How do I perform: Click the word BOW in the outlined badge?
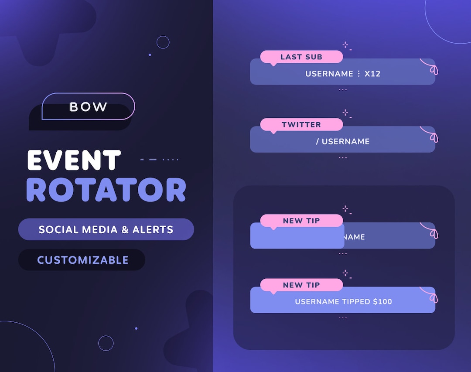(89, 107)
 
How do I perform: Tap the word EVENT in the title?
(74, 160)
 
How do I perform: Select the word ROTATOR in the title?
(106, 190)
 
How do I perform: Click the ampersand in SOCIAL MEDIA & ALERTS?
(125, 230)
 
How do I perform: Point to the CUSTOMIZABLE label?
(82, 260)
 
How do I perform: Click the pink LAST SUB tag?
(301, 57)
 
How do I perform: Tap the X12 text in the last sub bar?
(372, 74)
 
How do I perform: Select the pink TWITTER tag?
(301, 125)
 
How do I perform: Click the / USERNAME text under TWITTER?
(343, 142)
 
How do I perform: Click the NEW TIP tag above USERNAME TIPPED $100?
(301, 285)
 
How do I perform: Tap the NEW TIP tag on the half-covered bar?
(301, 221)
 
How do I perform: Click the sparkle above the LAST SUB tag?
(345, 44)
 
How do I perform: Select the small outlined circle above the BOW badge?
(163, 42)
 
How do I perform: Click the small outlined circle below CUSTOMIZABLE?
(106, 343)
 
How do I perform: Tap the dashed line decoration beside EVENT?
(160, 160)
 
